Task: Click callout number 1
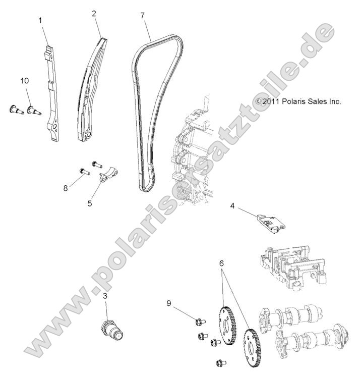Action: [x=41, y=21]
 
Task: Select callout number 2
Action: [x=94, y=14]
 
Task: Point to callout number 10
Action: [x=25, y=81]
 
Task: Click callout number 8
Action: [x=65, y=188]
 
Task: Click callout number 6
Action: [x=221, y=263]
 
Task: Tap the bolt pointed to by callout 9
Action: [x=198, y=320]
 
